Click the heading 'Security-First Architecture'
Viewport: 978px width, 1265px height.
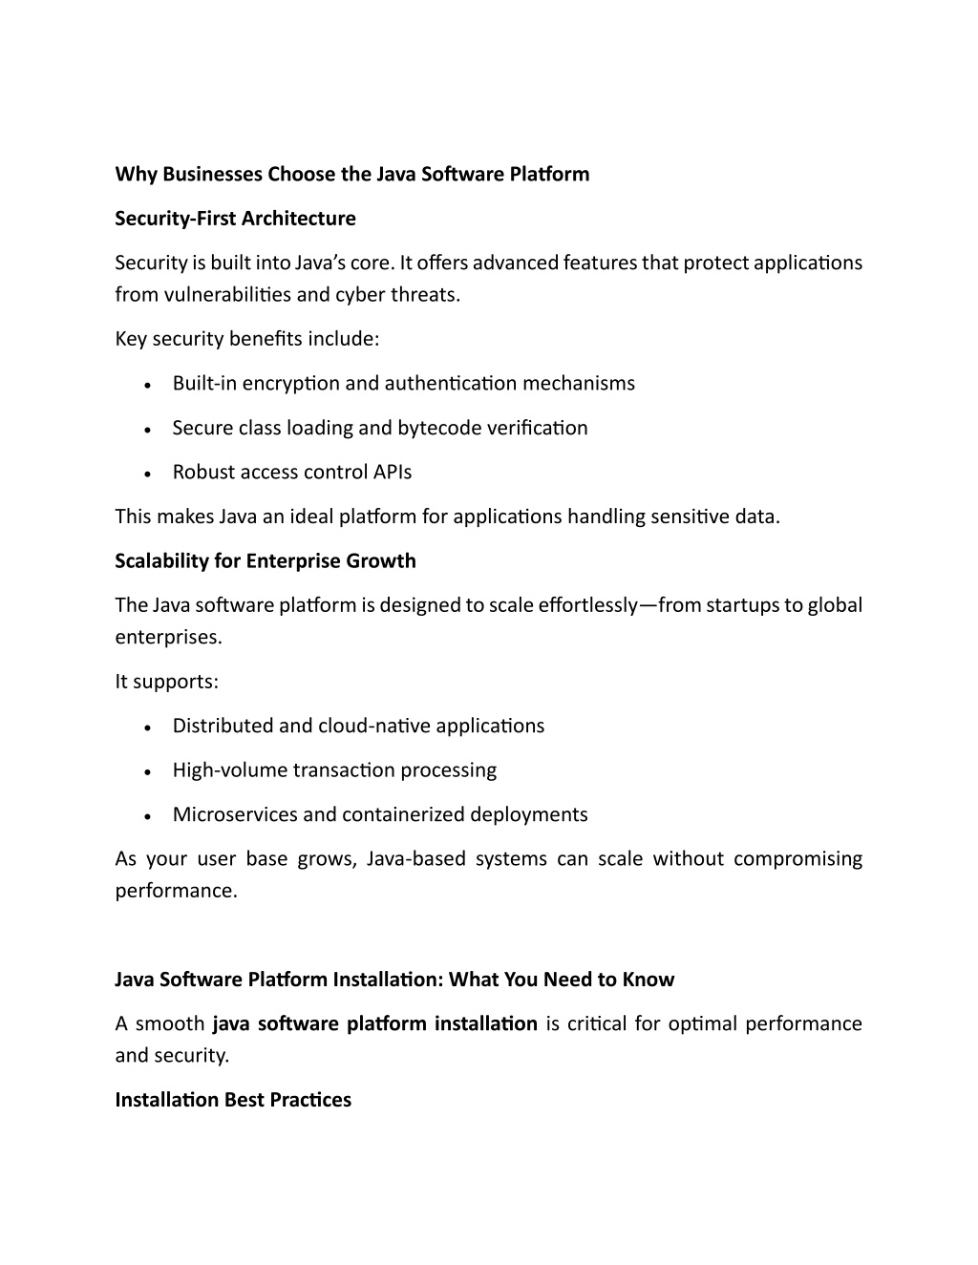(235, 219)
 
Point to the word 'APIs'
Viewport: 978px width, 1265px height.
(393, 472)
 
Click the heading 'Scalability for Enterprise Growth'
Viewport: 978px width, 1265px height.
(266, 560)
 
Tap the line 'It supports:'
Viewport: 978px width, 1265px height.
(167, 682)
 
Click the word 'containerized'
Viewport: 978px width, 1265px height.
(398, 814)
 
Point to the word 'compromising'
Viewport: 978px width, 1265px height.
(797, 859)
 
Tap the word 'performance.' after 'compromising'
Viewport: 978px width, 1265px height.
(176, 891)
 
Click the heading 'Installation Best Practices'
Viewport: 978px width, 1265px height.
(233, 1100)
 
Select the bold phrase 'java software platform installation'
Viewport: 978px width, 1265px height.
(374, 1024)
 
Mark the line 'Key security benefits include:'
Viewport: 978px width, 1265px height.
(247, 339)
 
